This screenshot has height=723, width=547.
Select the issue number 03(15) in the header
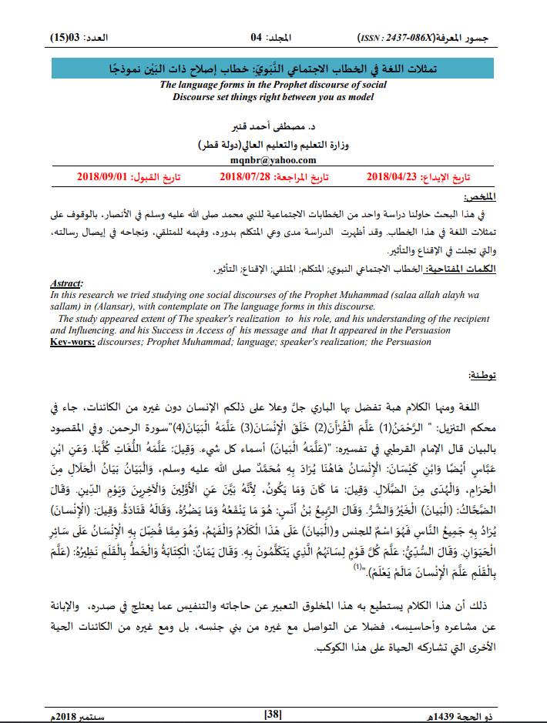click(65, 37)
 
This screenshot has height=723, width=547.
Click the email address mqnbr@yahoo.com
click(273, 160)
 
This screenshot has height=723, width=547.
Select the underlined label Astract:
click(65, 283)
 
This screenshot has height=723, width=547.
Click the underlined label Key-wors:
click(72, 340)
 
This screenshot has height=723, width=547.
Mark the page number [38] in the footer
click(273, 714)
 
